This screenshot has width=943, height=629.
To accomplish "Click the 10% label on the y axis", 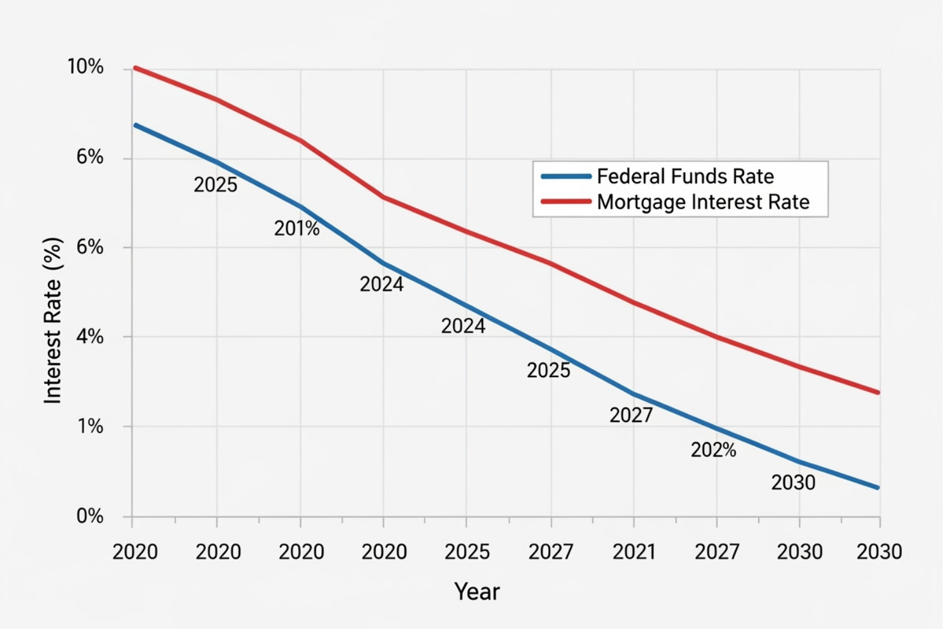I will (x=85, y=67).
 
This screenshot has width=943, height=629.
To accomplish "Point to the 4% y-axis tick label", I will (x=90, y=337).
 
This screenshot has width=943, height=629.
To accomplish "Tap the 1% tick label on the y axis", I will (x=90, y=426).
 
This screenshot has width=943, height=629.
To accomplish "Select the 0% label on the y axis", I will (x=90, y=516).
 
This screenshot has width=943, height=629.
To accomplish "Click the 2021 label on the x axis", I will (x=634, y=552).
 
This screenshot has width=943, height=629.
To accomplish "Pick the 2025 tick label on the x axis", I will (x=467, y=552).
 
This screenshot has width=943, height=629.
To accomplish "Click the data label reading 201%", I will (x=297, y=229).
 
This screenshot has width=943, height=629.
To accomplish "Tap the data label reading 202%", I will (x=713, y=450).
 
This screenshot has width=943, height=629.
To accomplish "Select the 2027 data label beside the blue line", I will (x=631, y=415).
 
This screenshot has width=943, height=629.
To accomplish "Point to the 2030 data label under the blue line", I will (x=793, y=483).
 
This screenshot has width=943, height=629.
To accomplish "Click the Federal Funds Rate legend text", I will (x=685, y=176).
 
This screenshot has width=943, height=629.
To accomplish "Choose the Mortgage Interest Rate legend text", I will (x=703, y=202).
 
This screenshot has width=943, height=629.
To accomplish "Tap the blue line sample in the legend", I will (x=565, y=176).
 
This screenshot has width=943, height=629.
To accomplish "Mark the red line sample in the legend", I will (x=565, y=201).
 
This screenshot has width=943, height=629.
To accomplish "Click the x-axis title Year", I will (x=477, y=592).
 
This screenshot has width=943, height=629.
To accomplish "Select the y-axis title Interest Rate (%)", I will (x=53, y=320).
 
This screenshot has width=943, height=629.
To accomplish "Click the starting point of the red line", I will (x=135, y=68).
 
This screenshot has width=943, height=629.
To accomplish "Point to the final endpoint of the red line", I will (x=878, y=393).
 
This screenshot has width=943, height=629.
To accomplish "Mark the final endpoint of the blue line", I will (x=878, y=488).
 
